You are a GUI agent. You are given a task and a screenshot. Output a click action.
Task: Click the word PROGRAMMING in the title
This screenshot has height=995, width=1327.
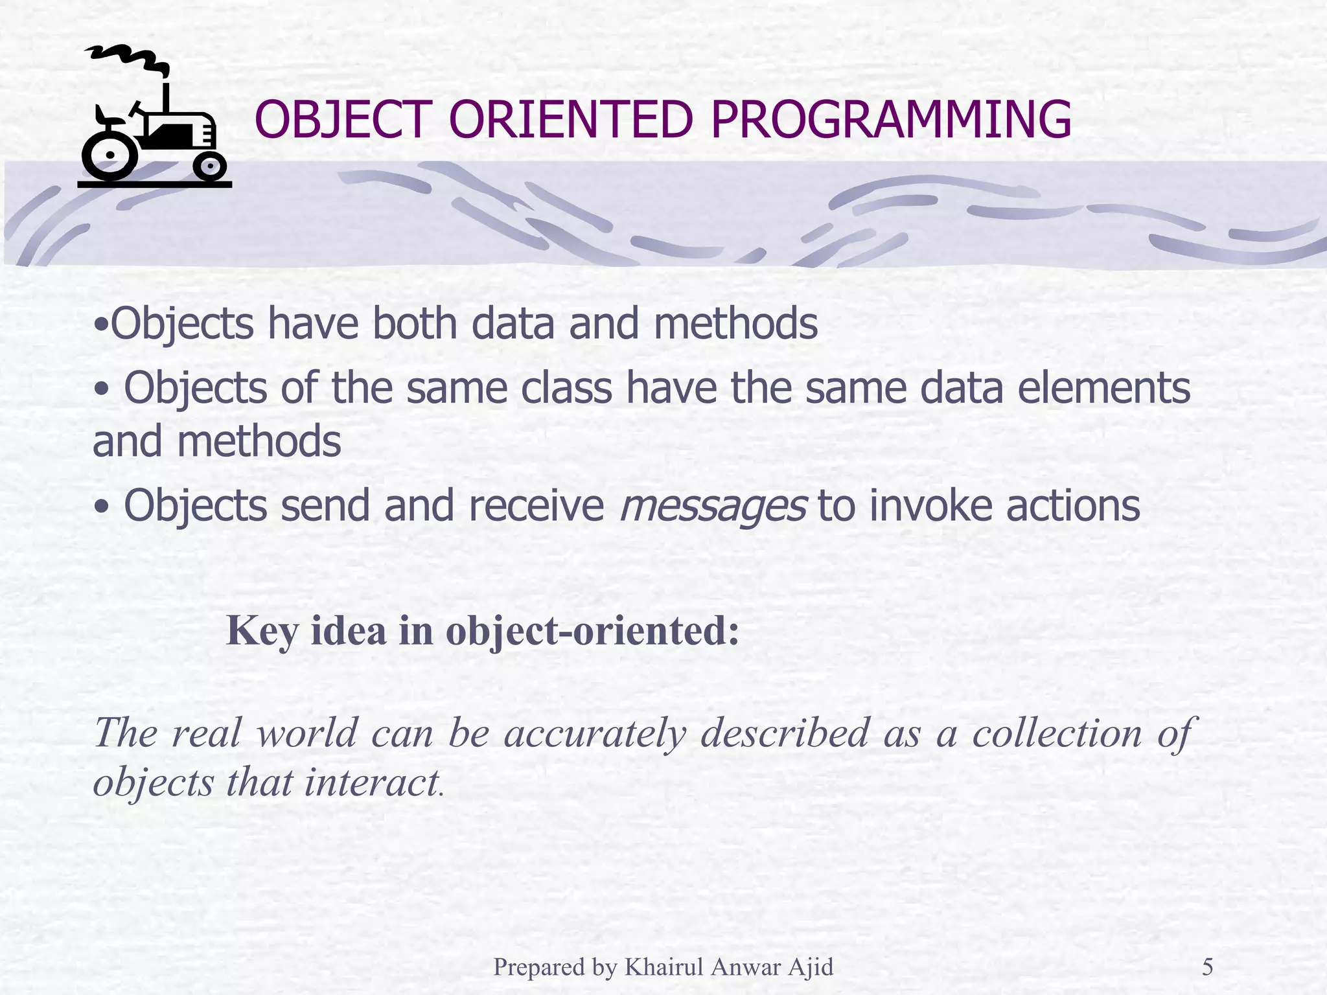pyautogui.click(x=891, y=120)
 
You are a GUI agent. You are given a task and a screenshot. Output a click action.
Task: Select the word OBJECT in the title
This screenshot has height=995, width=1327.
pyautogui.click(x=343, y=120)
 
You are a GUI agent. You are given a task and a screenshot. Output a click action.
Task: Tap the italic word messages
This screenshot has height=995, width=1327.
pyautogui.click(x=713, y=507)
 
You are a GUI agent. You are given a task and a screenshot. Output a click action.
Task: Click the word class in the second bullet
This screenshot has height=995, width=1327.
pyautogui.click(x=566, y=389)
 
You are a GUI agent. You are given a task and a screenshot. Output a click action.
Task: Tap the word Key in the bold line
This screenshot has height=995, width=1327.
pyautogui.click(x=262, y=631)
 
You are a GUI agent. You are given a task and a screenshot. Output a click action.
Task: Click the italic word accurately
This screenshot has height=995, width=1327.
pyautogui.click(x=595, y=734)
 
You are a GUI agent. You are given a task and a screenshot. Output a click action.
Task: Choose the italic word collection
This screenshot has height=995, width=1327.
pyautogui.click(x=1057, y=733)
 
